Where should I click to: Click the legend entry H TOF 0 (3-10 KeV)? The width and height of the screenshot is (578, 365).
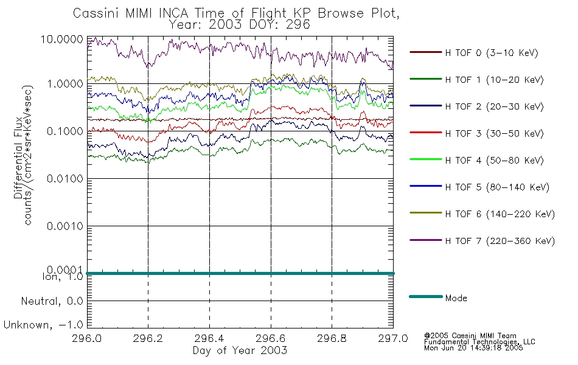(492, 53)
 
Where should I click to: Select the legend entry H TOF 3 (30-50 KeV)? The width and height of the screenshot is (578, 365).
(494, 133)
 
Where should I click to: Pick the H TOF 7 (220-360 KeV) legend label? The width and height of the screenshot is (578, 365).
(500, 241)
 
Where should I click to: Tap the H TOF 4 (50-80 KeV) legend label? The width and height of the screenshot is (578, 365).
(494, 161)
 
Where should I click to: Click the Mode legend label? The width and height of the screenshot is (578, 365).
(456, 298)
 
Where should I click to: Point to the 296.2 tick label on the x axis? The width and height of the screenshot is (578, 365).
(148, 338)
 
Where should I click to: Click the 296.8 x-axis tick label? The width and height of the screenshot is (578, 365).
(332, 338)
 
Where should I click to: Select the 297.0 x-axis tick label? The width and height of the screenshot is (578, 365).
(393, 338)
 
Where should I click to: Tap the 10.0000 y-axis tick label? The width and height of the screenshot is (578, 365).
(62, 39)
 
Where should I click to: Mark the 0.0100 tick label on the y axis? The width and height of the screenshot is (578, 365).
(65, 179)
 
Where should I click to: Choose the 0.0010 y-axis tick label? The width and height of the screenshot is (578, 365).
(65, 226)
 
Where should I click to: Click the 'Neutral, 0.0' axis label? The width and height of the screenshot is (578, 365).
(52, 302)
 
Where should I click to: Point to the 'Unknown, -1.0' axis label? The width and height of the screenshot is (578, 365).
(43, 325)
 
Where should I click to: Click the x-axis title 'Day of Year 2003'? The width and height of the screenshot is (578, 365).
(240, 350)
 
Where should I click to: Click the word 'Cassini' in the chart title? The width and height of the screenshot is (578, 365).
(97, 13)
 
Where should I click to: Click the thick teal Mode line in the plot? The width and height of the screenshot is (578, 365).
(240, 273)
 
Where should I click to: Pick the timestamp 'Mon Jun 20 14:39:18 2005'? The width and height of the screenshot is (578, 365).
(473, 348)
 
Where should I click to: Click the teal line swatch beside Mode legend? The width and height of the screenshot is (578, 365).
(426, 296)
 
